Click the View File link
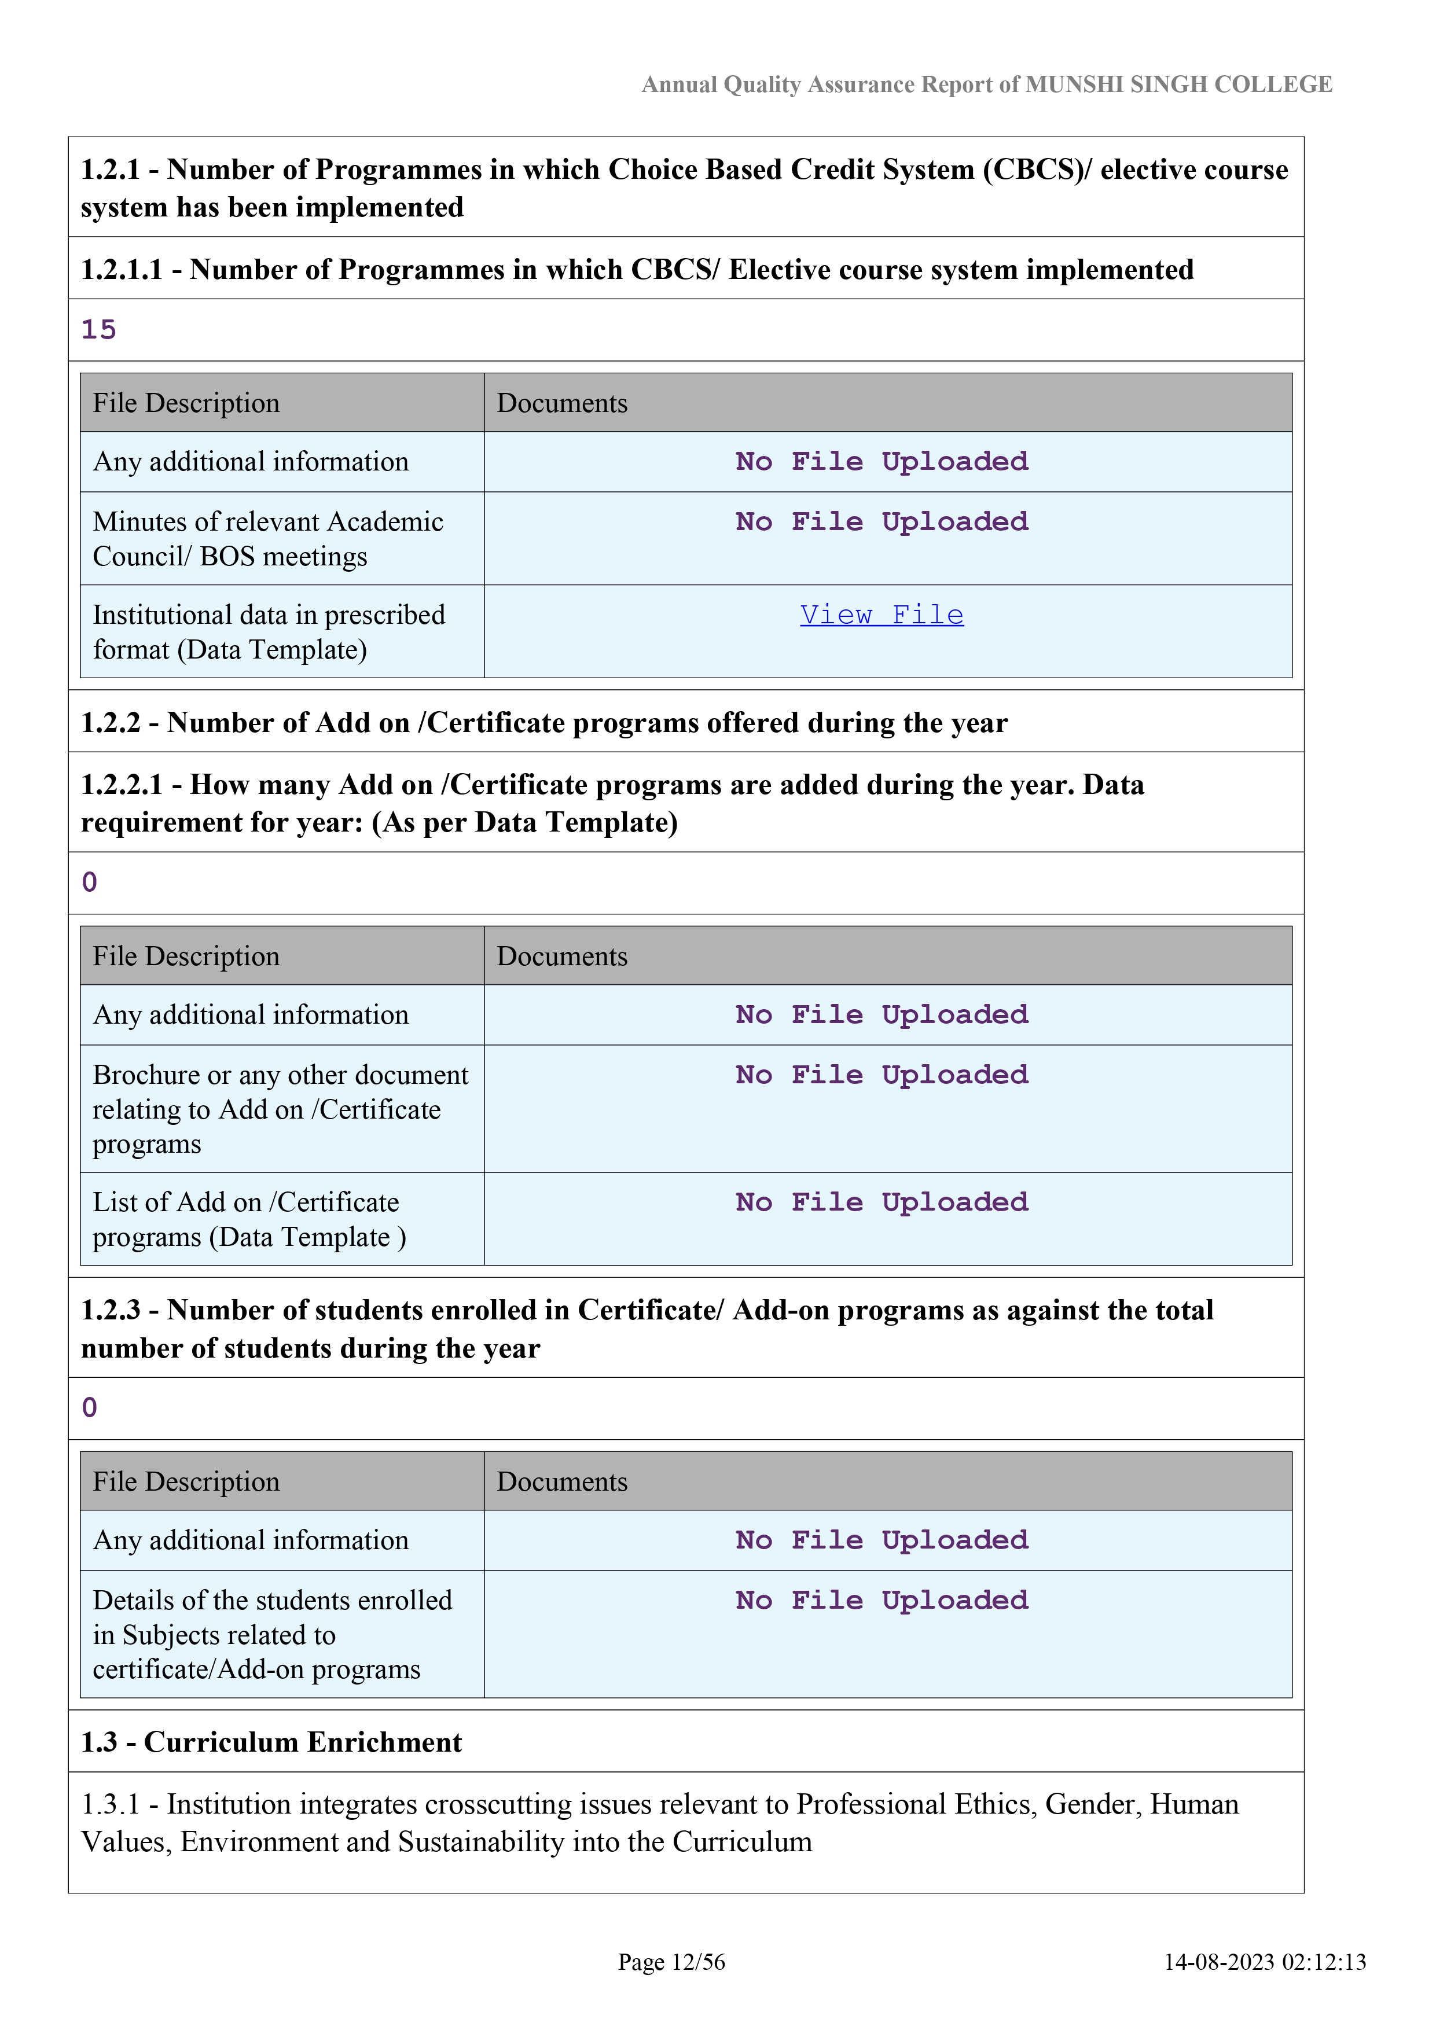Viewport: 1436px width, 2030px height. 882,615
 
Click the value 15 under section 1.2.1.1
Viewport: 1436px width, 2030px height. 99,330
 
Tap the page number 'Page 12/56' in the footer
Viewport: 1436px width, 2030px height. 671,1962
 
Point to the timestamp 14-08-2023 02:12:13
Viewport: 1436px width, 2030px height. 1265,1962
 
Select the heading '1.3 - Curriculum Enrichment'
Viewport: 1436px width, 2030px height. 271,1742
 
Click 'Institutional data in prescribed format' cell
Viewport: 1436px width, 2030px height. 269,631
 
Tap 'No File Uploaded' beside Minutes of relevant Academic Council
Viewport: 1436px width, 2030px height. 882,521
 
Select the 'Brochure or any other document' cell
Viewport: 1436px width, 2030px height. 280,1109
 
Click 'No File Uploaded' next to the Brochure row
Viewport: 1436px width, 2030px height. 882,1075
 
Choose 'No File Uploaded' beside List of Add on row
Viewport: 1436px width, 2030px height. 882,1202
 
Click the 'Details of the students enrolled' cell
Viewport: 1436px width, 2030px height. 273,1634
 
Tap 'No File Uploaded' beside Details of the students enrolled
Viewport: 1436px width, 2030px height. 882,1600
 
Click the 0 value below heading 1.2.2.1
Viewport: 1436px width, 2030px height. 89,882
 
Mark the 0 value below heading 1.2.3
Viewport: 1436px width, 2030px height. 89,1407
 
